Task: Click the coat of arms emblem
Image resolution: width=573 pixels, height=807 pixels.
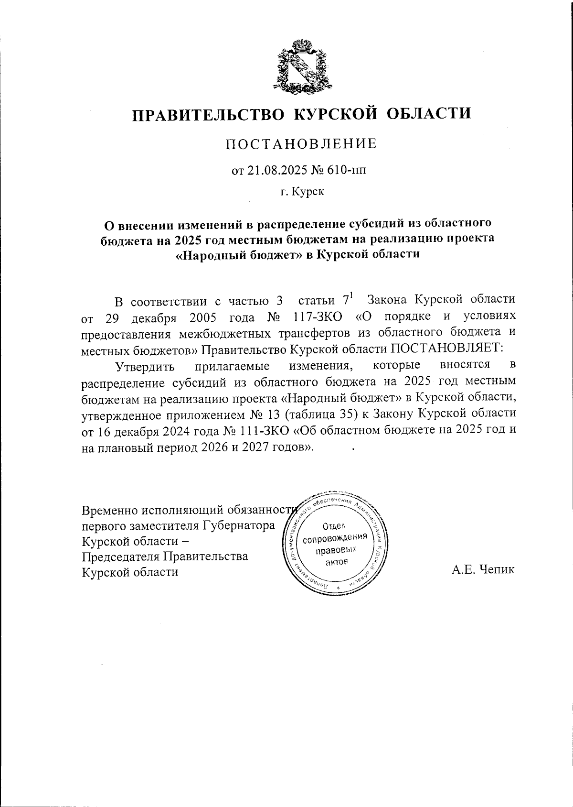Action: point(302,65)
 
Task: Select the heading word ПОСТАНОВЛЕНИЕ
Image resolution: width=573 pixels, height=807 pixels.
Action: point(301,143)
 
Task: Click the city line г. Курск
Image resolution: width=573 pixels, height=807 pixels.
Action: point(301,192)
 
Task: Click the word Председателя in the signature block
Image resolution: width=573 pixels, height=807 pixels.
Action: point(120,556)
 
